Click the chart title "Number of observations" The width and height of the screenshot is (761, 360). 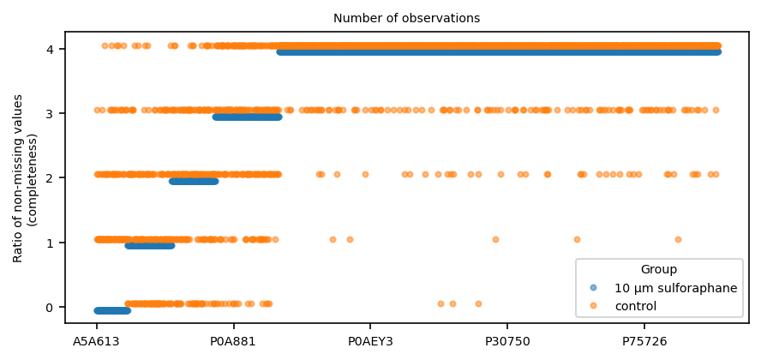[407, 19]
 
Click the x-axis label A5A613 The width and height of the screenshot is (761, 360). [96, 341]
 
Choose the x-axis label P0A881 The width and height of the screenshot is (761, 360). [233, 341]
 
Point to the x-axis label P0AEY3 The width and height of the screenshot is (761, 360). [370, 341]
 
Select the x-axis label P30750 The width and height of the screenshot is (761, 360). [507, 341]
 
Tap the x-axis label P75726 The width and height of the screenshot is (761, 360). [644, 341]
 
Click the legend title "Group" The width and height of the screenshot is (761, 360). [659, 269]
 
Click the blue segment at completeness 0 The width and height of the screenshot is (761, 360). [112, 310]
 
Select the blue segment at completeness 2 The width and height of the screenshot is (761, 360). [194, 182]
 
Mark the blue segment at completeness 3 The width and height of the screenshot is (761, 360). [248, 117]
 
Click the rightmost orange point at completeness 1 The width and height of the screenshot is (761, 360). [678, 239]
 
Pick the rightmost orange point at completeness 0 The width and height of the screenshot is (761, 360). [478, 303]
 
